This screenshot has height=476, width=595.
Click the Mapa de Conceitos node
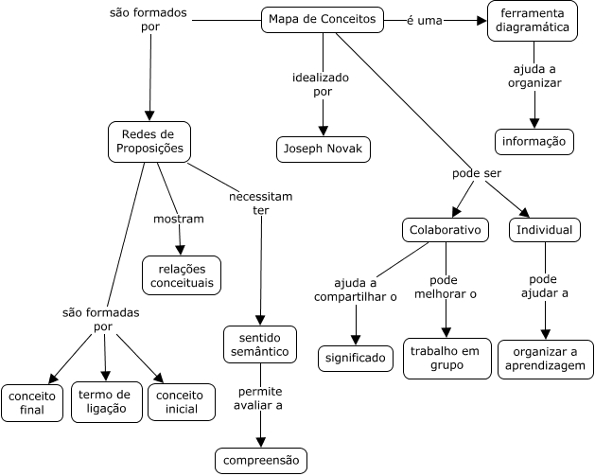pyautogui.click(x=323, y=20)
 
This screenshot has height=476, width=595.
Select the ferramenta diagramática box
pyautogui.click(x=534, y=21)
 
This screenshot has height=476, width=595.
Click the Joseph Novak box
pyautogui.click(x=323, y=150)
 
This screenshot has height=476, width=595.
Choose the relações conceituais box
pyautogui.click(x=182, y=274)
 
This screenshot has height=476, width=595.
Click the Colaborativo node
pyautogui.click(x=445, y=230)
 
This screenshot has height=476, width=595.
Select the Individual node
pyautogui.click(x=545, y=230)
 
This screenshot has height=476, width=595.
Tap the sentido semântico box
pyautogui.click(x=260, y=345)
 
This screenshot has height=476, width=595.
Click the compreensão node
pyautogui.click(x=260, y=461)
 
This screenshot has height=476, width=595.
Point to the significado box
pyautogui.click(x=356, y=358)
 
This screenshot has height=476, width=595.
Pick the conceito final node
pyautogui.click(x=32, y=402)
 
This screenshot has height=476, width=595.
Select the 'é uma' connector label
pyautogui.click(x=424, y=20)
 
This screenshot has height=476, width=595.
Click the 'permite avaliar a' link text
pyautogui.click(x=260, y=398)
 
